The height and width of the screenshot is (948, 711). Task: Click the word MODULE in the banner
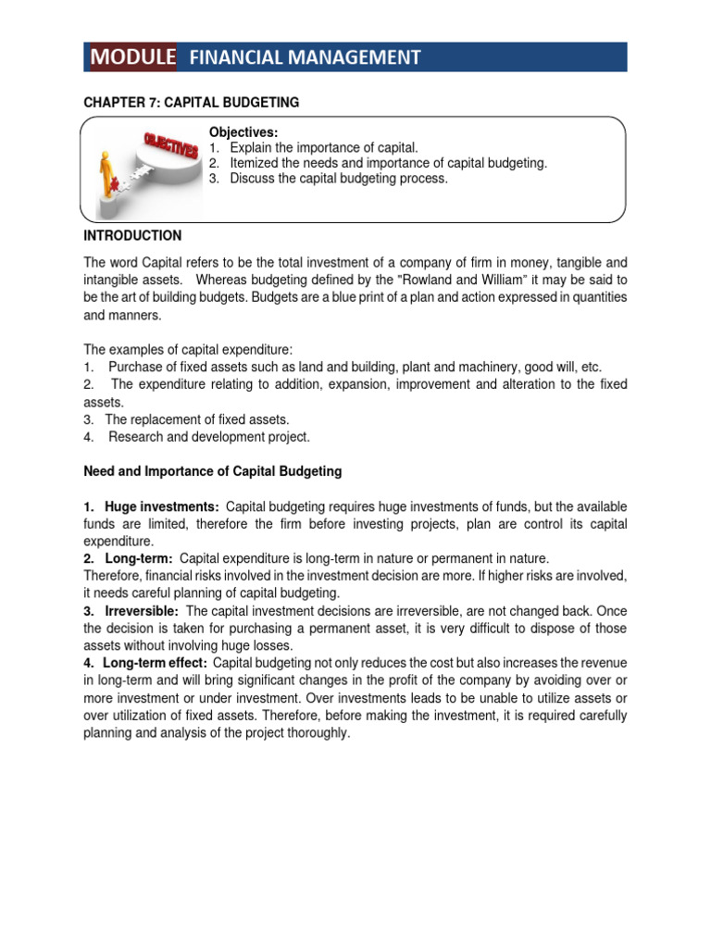[x=133, y=57]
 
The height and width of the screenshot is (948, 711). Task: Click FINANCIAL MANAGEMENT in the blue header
[x=305, y=58]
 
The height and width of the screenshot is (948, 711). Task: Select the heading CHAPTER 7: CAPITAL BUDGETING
[x=192, y=102]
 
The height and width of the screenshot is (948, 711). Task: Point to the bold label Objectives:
[x=243, y=132]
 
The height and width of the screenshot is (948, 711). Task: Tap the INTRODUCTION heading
[x=132, y=236]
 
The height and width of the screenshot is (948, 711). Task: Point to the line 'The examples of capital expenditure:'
[x=188, y=349]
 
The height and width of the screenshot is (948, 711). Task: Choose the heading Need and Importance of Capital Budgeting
[x=213, y=471]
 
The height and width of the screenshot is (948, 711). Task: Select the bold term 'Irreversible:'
[x=143, y=611]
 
